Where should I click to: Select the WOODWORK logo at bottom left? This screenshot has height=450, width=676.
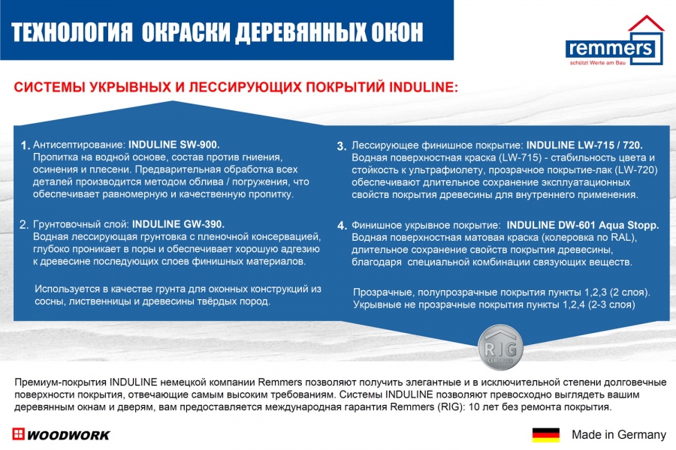pyautogui.click(x=62, y=435)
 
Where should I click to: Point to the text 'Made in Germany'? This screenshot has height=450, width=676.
pyautogui.click(x=618, y=435)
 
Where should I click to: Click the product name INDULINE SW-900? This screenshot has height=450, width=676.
pyautogui.click(x=174, y=144)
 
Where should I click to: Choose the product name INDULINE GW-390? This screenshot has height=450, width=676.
pyautogui.click(x=179, y=224)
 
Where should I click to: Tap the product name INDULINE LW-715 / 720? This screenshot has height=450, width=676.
pyautogui.click(x=584, y=145)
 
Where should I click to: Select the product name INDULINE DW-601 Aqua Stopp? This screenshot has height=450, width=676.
pyautogui.click(x=583, y=225)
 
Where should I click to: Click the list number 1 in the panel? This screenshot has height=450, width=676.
pyautogui.click(x=25, y=145)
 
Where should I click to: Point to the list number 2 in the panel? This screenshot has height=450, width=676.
pyautogui.click(x=25, y=225)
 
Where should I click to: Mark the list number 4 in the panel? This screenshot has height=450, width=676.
pyautogui.click(x=341, y=226)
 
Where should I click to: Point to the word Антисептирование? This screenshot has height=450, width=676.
pyautogui.click(x=79, y=144)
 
